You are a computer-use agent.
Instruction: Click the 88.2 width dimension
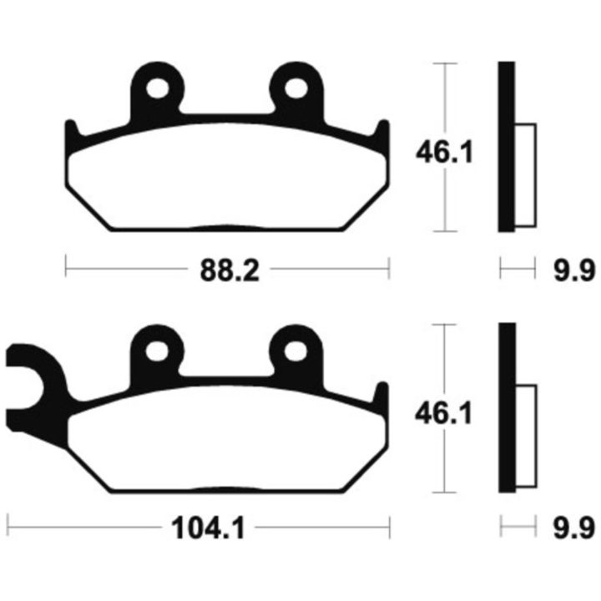(x=230, y=270)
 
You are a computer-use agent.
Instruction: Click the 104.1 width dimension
(x=208, y=528)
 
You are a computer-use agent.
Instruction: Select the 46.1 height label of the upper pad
(x=444, y=152)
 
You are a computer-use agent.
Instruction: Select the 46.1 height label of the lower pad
(x=443, y=413)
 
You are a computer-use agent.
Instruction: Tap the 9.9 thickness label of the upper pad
(x=574, y=270)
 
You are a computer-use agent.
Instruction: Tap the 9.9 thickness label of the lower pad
(x=573, y=528)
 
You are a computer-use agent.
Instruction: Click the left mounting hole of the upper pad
(x=158, y=89)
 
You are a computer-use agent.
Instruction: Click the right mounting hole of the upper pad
(x=295, y=89)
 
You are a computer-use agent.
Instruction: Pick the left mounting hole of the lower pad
(x=157, y=351)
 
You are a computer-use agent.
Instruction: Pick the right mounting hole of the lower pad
(x=295, y=351)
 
